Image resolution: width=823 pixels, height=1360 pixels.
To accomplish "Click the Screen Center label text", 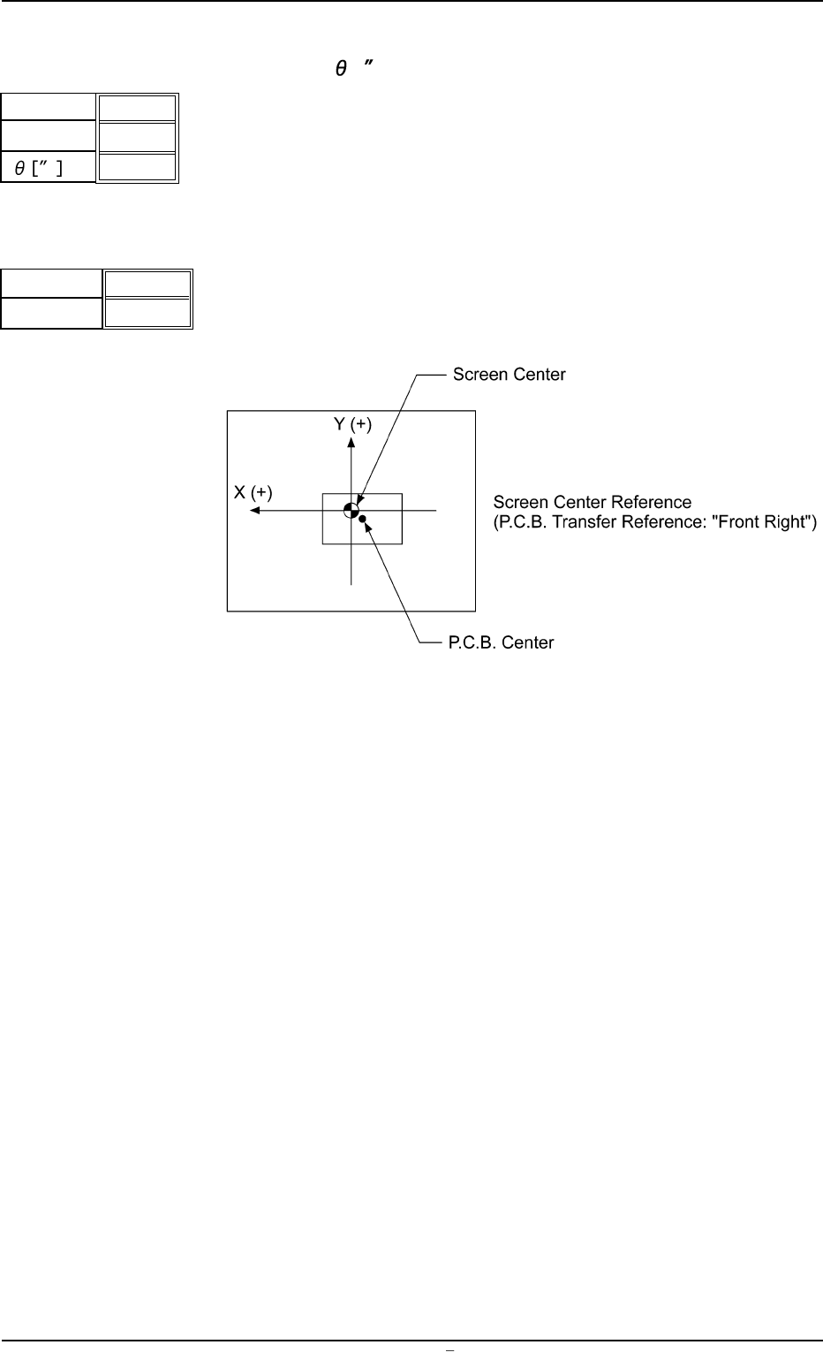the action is tap(509, 375).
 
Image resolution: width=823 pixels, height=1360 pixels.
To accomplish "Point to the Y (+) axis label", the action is tap(352, 425).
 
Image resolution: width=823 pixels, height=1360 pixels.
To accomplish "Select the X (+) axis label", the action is tap(253, 492).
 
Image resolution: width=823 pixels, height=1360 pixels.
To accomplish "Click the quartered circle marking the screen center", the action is tap(351, 510).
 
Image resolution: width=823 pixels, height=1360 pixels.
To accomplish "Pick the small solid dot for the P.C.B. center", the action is tap(362, 519).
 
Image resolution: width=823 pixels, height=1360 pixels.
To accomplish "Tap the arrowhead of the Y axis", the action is tap(351, 443).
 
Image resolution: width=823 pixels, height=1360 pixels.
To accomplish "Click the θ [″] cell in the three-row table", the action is tap(49, 168).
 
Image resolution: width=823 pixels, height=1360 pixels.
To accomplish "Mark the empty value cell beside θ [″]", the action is tap(137, 167).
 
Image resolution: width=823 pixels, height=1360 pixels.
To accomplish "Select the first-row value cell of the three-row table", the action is tap(137, 109).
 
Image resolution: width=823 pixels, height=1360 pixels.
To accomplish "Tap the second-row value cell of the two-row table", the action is tap(147, 313).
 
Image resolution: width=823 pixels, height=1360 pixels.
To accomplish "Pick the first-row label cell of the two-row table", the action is tap(51, 285).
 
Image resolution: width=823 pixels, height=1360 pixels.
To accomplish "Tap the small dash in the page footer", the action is tap(449, 1350).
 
